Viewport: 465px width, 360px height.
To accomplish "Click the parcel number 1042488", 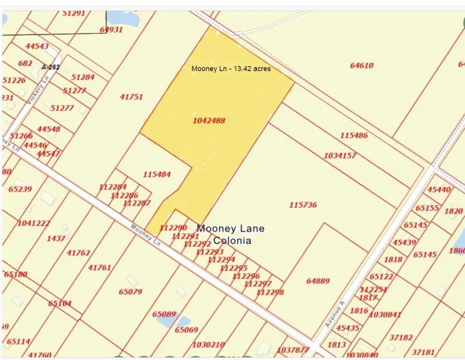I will [209, 120].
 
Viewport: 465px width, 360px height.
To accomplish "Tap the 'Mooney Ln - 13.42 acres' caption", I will [231, 68].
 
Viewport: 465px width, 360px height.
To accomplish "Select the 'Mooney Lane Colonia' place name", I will [231, 234].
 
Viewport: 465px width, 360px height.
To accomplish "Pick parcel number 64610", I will [361, 66].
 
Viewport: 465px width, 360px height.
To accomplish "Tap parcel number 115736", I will [303, 205].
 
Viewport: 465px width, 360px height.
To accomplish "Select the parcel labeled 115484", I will [157, 174].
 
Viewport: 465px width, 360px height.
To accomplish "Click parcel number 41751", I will [131, 97].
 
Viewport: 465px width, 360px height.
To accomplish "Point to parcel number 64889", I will [318, 281].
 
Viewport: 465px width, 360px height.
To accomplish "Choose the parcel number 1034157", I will [340, 155].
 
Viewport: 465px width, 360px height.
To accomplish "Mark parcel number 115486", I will [354, 135].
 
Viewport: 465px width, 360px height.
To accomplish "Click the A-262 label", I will [51, 67].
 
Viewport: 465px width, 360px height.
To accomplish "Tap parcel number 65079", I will [130, 292].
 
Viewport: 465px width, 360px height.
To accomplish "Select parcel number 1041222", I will [34, 224].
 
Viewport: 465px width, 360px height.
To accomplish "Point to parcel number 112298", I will [270, 292].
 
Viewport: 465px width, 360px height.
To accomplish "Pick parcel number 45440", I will [439, 190].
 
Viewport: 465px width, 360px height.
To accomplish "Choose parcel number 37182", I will [401, 337].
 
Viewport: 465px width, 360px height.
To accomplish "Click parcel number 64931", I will [111, 30].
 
